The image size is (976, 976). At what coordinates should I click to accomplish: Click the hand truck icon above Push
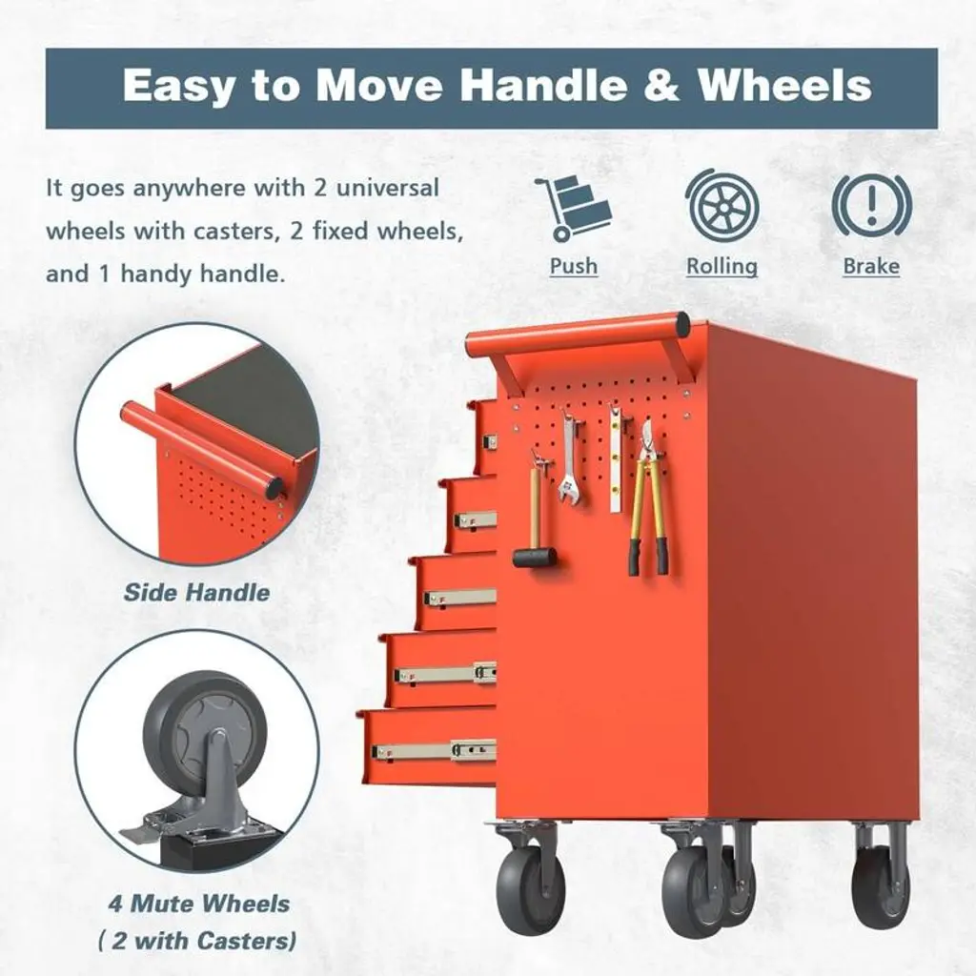[573, 208]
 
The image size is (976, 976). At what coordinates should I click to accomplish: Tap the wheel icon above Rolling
[722, 206]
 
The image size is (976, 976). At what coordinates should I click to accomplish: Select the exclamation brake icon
[871, 204]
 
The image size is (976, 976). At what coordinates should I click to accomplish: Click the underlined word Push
[573, 267]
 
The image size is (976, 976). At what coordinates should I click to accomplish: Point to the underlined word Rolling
[722, 267]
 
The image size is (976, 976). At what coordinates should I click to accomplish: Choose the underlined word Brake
[871, 267]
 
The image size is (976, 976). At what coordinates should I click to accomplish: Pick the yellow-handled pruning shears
[648, 498]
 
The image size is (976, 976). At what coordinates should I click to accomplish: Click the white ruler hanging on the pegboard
[616, 458]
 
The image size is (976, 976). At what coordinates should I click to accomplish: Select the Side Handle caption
[196, 593]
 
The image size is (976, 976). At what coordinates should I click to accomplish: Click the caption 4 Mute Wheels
[199, 904]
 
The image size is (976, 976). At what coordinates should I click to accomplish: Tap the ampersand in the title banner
[662, 84]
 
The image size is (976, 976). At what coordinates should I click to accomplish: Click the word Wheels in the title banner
[784, 84]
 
